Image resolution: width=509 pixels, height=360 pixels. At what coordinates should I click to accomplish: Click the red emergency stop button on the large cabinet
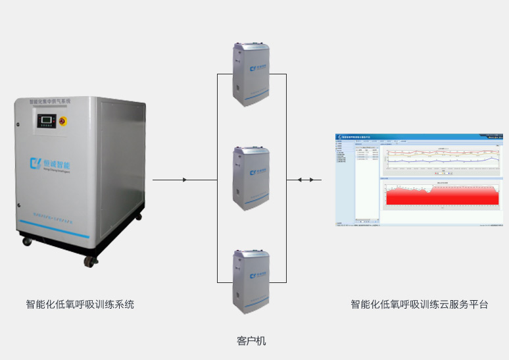(x=63, y=121)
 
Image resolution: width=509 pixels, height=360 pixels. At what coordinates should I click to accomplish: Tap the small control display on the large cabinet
(x=45, y=121)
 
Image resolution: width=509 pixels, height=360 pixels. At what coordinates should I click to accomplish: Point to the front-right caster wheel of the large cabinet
(x=87, y=261)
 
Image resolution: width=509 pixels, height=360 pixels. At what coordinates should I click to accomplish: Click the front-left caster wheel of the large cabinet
(x=27, y=241)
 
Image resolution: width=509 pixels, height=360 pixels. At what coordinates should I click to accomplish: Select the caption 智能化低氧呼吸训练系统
(x=80, y=305)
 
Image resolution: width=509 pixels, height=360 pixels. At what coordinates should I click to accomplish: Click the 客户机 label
(x=251, y=341)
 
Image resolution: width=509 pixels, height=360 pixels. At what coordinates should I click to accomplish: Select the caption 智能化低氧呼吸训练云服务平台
(x=419, y=305)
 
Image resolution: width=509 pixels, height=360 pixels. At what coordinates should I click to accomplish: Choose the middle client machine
(x=251, y=176)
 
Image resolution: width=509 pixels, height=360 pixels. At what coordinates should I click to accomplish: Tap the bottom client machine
(x=251, y=280)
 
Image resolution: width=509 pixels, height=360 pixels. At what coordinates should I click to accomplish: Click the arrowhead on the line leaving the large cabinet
(x=185, y=180)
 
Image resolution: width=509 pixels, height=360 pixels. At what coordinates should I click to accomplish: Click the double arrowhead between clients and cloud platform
(x=299, y=180)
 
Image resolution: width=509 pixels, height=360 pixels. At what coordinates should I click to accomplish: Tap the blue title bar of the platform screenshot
(x=419, y=136)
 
